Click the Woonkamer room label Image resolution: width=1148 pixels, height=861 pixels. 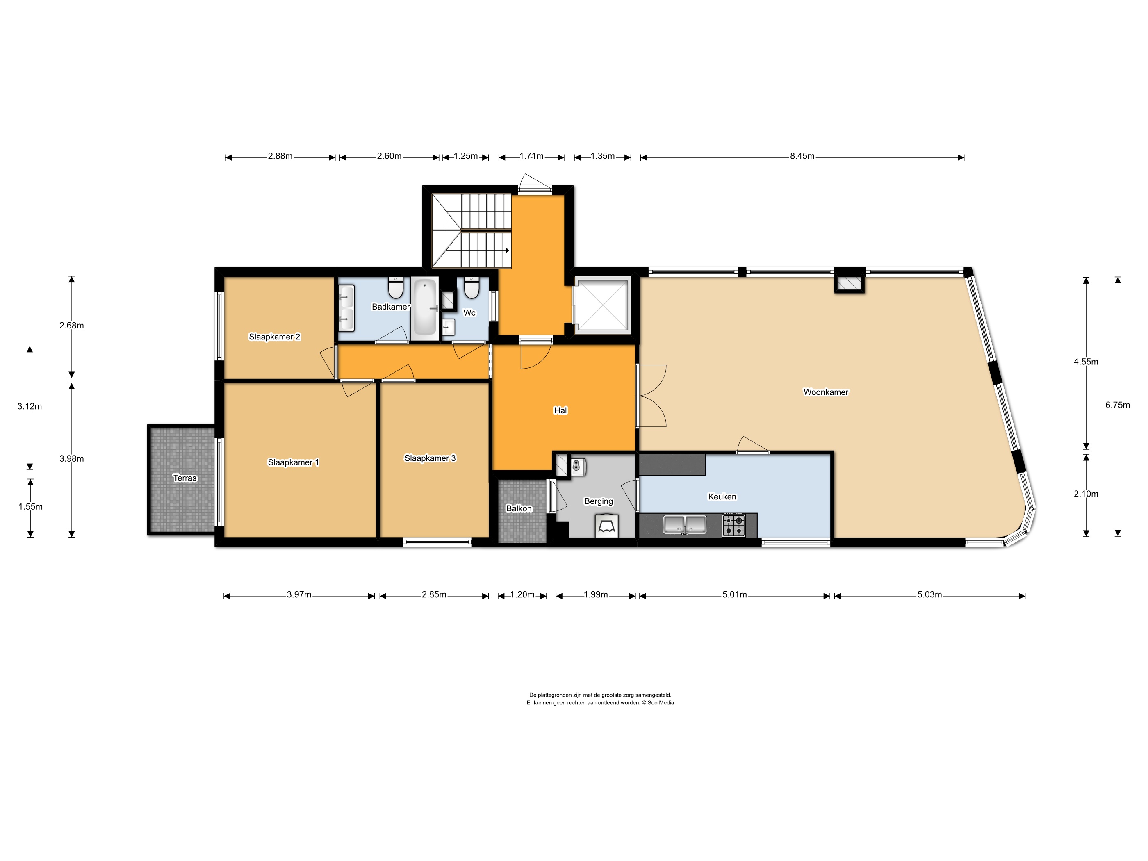(826, 392)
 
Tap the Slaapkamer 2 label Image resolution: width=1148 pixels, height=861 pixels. (275, 337)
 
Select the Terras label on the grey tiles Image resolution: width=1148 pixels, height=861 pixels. (185, 478)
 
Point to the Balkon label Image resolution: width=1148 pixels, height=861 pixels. (519, 509)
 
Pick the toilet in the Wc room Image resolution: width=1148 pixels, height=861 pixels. (471, 288)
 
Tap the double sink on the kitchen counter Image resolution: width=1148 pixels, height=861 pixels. (685, 525)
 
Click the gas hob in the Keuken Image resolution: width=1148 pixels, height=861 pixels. (734, 525)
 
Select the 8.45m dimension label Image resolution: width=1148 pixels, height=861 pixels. (802, 156)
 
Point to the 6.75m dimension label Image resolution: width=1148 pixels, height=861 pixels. (1117, 405)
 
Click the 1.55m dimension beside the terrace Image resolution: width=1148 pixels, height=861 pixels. (31, 506)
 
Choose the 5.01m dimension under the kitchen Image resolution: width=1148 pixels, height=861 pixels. (735, 595)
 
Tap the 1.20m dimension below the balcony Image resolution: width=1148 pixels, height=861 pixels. (522, 595)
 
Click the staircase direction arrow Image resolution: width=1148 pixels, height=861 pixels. (507, 250)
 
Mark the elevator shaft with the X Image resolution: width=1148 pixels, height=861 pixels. (602, 305)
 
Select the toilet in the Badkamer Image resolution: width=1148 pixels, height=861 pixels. (396, 288)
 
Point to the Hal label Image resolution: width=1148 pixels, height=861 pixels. (560, 410)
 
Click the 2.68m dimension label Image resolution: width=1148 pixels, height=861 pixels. (72, 326)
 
